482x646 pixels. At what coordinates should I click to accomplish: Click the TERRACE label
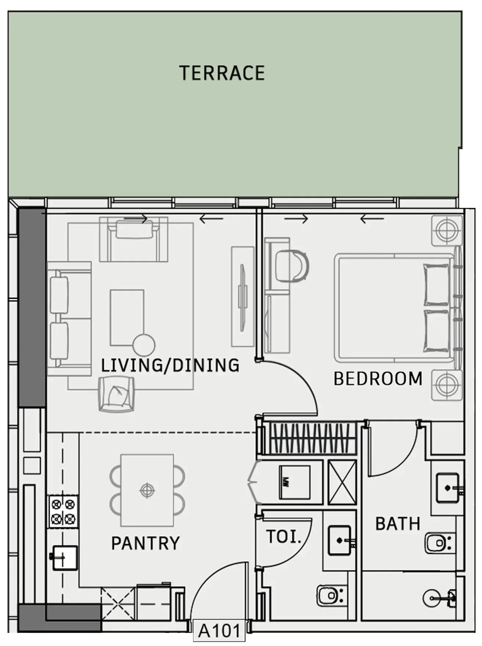222,73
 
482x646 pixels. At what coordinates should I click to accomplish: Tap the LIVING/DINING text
170,366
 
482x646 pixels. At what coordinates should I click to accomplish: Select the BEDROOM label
378,379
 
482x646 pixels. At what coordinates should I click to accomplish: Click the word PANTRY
145,543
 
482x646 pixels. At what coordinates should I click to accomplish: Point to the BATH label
398,524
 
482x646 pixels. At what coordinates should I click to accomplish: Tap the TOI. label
284,537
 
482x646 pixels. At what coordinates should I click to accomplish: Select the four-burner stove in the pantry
63,511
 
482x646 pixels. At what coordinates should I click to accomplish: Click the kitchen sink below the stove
65,558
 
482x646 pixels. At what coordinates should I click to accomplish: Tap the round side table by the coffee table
143,345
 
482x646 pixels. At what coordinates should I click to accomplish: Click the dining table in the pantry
147,490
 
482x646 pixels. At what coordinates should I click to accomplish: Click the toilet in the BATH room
439,543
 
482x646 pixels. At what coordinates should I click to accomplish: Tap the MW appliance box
294,482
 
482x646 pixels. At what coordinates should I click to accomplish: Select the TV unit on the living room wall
242,297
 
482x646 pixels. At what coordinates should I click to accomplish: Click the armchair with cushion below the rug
116,394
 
